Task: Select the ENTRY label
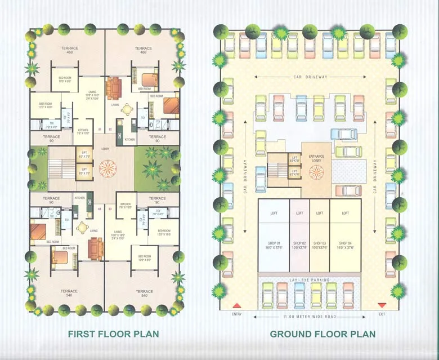pos(236,314)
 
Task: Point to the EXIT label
pos(382,314)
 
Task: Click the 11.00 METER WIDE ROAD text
pos(310,317)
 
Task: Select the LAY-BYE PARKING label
pos(310,280)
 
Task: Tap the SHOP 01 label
pos(274,245)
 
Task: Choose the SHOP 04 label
pos(346,245)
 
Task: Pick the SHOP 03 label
pos(320,245)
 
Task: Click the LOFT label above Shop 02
pos(299,213)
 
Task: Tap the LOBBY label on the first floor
pos(105,149)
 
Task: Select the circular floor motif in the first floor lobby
pos(105,168)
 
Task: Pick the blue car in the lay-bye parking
pos(299,293)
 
